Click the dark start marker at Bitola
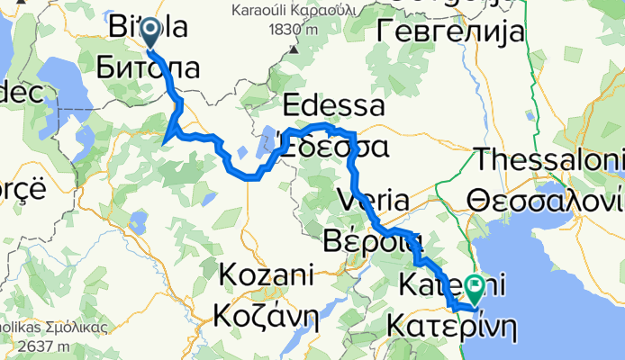[149, 33]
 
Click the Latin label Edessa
[333, 106]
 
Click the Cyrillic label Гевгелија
[447, 33]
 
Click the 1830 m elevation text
[293, 29]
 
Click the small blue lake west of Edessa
[268, 141]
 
